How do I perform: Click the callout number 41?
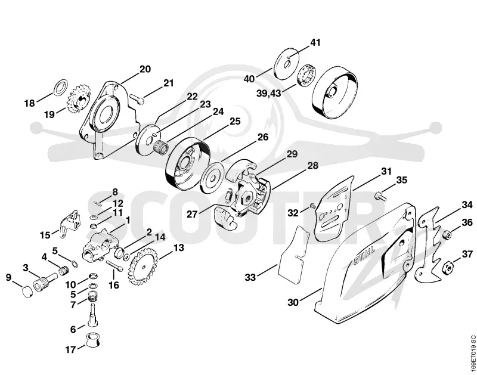click(x=315, y=42)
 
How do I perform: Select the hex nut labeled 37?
click(x=446, y=267)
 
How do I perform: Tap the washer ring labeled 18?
click(x=61, y=87)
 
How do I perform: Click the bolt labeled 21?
click(x=137, y=98)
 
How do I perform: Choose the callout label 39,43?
click(x=269, y=93)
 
